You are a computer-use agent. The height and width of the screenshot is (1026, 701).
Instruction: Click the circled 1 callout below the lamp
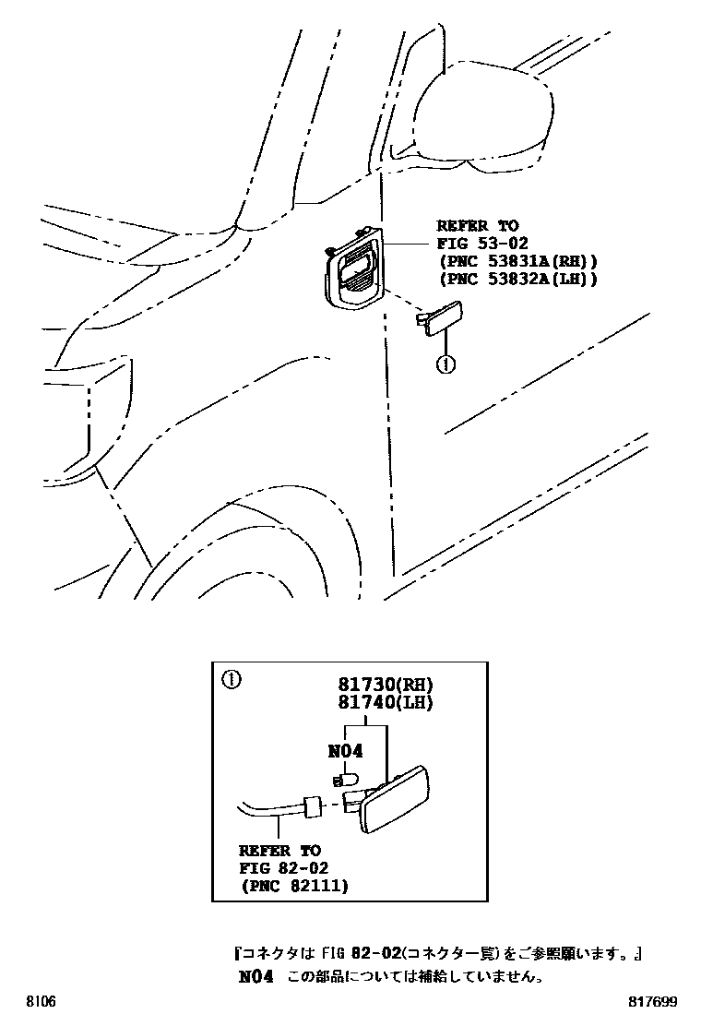(x=446, y=365)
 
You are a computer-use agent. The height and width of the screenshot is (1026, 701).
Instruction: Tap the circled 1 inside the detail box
(x=232, y=682)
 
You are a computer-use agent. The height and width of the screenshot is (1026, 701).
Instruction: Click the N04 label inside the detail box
(x=345, y=752)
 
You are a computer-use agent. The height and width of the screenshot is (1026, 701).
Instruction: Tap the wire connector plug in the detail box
(x=311, y=807)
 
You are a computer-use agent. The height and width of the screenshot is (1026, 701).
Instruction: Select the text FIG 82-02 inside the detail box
(x=283, y=868)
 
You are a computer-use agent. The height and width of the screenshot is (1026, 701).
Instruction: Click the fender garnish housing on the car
(x=355, y=268)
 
